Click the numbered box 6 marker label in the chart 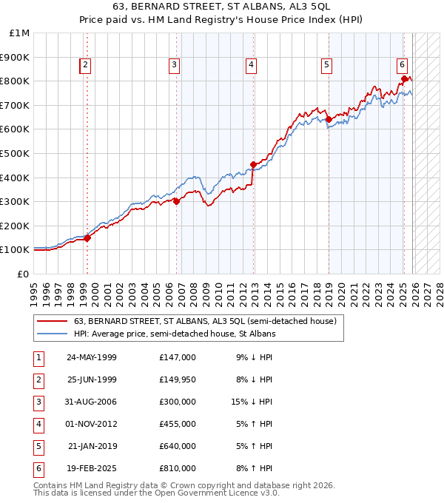402,64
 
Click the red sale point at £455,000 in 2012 253,164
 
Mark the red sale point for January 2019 328,119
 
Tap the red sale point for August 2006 176,201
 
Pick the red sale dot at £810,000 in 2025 403,78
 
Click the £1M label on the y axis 20,33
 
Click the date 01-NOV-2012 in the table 92,424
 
